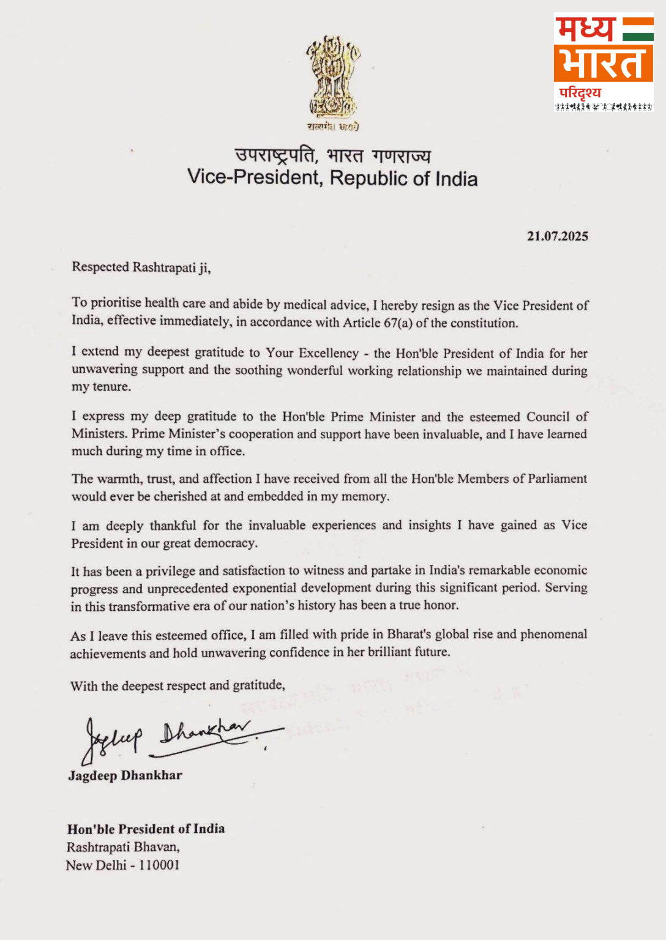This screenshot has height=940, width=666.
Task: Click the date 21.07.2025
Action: pyautogui.click(x=557, y=236)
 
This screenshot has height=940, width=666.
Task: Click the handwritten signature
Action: pyautogui.click(x=178, y=737)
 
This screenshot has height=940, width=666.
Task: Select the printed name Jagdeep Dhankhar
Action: pyautogui.click(x=125, y=775)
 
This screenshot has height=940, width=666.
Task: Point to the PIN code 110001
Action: pyautogui.click(x=159, y=865)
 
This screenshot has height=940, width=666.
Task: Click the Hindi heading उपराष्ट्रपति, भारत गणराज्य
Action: pyautogui.click(x=332, y=155)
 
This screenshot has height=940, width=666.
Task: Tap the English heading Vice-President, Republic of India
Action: pyautogui.click(x=332, y=178)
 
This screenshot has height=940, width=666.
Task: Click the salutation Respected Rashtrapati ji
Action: pyautogui.click(x=141, y=267)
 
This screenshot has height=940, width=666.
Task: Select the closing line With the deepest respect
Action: pyautogui.click(x=178, y=685)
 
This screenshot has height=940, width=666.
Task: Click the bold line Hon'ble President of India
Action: pyautogui.click(x=146, y=829)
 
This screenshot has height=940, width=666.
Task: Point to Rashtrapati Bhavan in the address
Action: pyautogui.click(x=122, y=847)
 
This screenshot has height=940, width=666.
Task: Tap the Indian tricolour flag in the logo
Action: pyautogui.click(x=638, y=29)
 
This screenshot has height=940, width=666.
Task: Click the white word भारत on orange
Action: pyautogui.click(x=603, y=63)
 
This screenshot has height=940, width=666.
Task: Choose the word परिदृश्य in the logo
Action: pyautogui.click(x=580, y=93)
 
